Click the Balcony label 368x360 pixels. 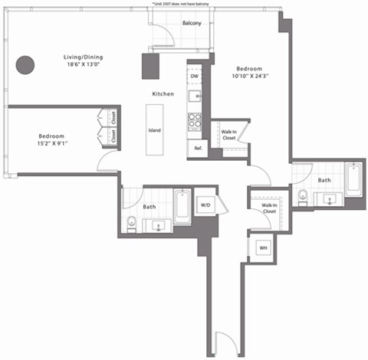[192, 24]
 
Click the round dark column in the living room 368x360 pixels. [27, 65]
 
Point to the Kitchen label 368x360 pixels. [163, 93]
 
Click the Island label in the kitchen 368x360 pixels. [154, 129]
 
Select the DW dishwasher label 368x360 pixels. [195, 77]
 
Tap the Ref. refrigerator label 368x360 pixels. [197, 148]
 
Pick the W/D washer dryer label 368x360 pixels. [205, 205]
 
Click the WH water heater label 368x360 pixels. [262, 248]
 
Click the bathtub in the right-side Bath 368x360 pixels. [353, 181]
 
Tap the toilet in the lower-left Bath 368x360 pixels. [131, 223]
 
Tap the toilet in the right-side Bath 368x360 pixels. [303, 195]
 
